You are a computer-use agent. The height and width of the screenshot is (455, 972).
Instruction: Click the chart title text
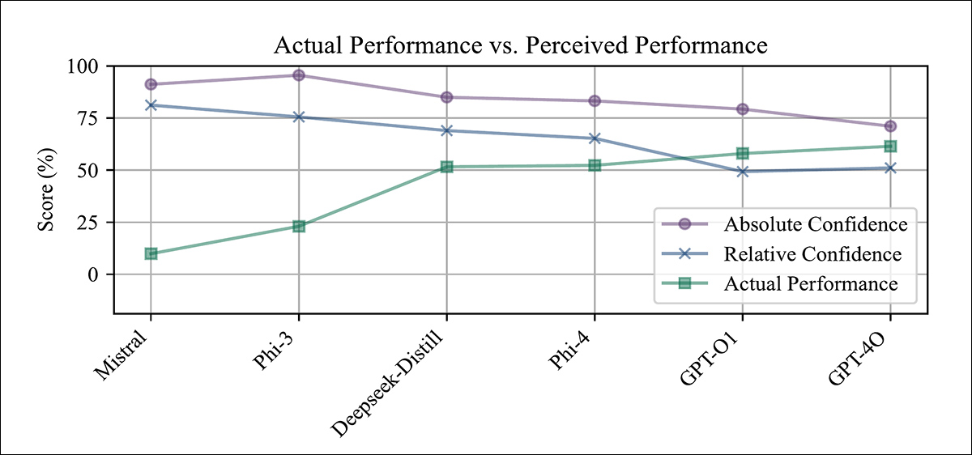click(520, 46)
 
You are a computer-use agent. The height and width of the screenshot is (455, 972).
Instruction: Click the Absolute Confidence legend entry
click(814, 223)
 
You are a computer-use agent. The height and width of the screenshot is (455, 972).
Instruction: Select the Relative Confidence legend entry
click(812, 254)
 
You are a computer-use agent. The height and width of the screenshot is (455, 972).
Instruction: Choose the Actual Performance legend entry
click(810, 284)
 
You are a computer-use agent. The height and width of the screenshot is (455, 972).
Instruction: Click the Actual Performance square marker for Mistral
click(151, 253)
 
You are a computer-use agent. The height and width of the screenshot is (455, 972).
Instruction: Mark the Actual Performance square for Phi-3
click(299, 227)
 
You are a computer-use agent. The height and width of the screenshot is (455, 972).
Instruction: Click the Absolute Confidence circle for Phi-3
click(299, 75)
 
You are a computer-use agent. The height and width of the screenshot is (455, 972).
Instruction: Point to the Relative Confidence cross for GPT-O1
click(743, 172)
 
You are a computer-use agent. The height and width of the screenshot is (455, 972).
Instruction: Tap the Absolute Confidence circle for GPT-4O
click(890, 126)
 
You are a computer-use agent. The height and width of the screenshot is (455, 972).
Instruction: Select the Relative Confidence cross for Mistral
click(151, 105)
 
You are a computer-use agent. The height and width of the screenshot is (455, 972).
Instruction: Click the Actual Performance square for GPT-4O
click(890, 147)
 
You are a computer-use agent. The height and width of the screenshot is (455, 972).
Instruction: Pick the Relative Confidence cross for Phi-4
click(595, 138)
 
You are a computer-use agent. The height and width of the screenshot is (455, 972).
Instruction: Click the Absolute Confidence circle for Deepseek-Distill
click(446, 97)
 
